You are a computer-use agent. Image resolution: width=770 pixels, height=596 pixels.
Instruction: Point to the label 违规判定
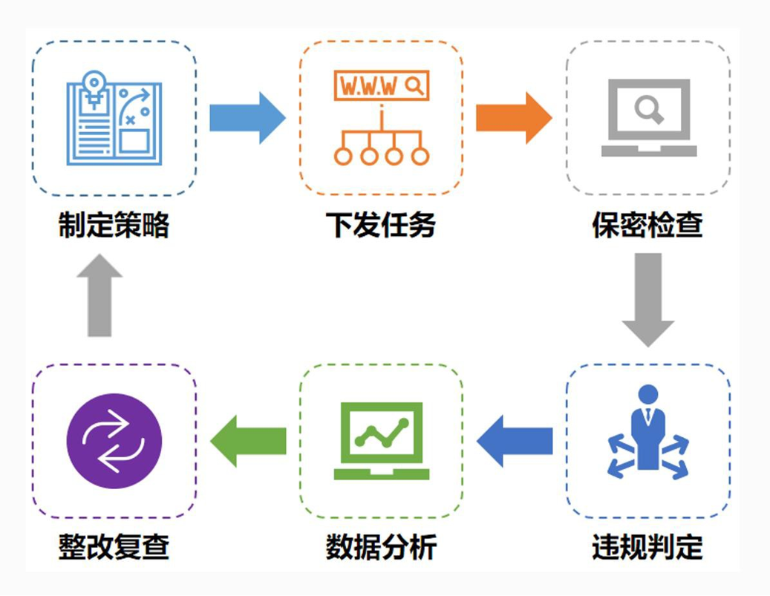[647, 547]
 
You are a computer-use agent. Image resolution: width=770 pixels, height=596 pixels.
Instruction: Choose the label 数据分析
[381, 547]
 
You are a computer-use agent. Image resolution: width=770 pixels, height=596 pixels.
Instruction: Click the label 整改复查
[114, 547]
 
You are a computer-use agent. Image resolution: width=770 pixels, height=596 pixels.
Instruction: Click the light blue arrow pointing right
[247, 117]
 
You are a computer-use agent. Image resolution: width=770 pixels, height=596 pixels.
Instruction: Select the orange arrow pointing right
[513, 117]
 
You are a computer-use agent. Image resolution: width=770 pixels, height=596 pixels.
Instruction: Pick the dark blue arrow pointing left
[514, 441]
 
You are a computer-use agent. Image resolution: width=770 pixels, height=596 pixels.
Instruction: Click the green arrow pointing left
[248, 441]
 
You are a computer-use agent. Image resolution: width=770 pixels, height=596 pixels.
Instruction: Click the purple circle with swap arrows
[114, 441]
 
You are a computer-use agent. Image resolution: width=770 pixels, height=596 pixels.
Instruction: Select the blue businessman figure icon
[647, 430]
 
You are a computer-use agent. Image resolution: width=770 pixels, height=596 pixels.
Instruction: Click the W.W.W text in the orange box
[368, 86]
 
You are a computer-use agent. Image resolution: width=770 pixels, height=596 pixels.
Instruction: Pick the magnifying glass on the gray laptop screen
[649, 110]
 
